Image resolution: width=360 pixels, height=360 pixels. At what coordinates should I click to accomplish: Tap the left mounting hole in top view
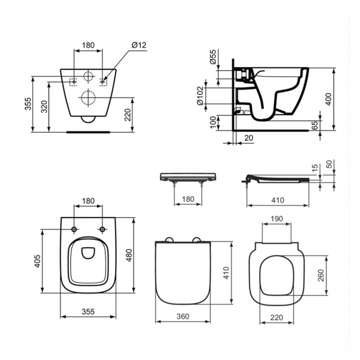[x=74, y=229]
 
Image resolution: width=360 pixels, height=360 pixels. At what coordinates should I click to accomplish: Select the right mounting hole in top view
[x=102, y=229]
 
